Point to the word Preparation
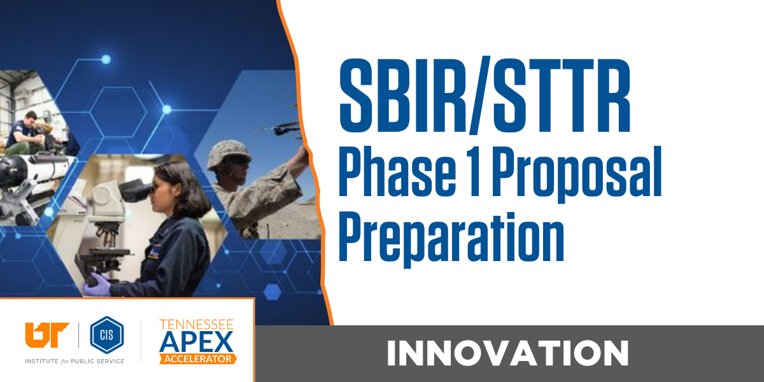click(451, 234)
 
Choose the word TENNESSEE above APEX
click(196, 324)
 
